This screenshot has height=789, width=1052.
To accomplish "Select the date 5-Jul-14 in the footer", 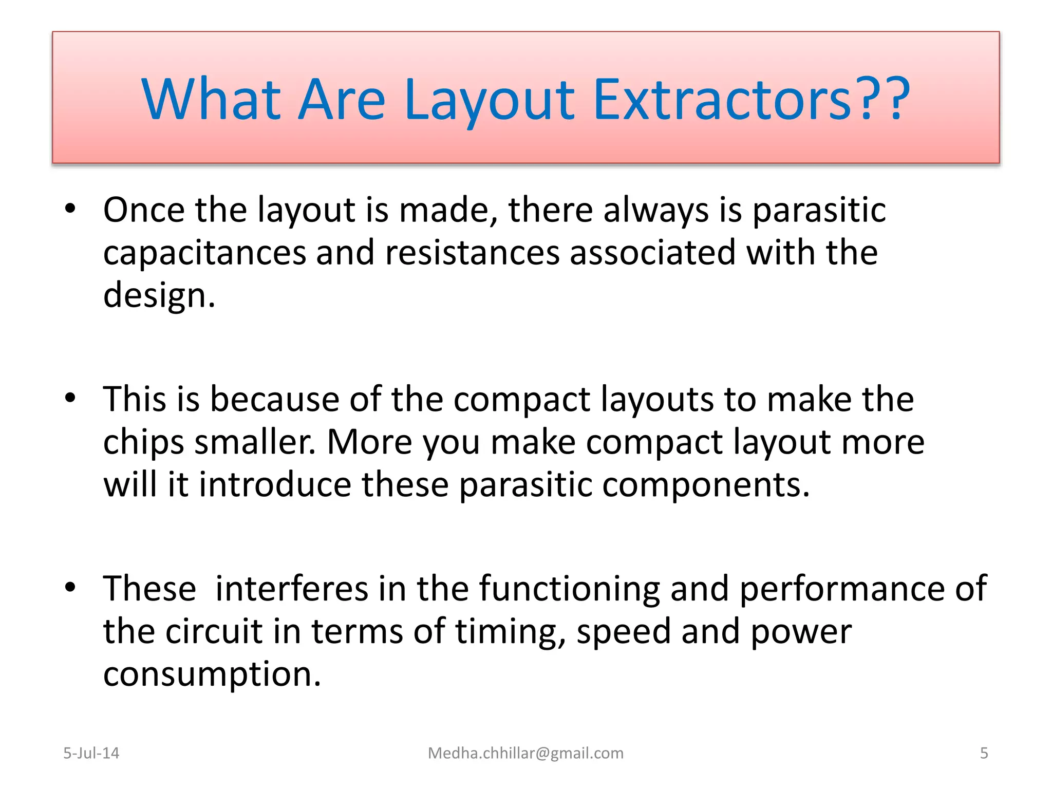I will coord(91,753).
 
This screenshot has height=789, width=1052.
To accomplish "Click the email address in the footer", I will coord(525,753).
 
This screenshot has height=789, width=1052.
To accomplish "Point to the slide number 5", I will coord(984,753).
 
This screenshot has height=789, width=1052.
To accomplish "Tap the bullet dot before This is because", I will coord(70,398).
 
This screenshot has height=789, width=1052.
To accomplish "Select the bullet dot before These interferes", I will coord(70,587).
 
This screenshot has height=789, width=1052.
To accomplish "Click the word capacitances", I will coord(204,253).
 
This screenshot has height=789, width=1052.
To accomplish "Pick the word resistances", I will coord(472,253).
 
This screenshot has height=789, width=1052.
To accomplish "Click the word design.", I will coord(159,296).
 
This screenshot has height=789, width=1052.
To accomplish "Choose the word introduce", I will coord(275,484).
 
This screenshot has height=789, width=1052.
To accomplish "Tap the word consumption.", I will coord(212,675).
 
